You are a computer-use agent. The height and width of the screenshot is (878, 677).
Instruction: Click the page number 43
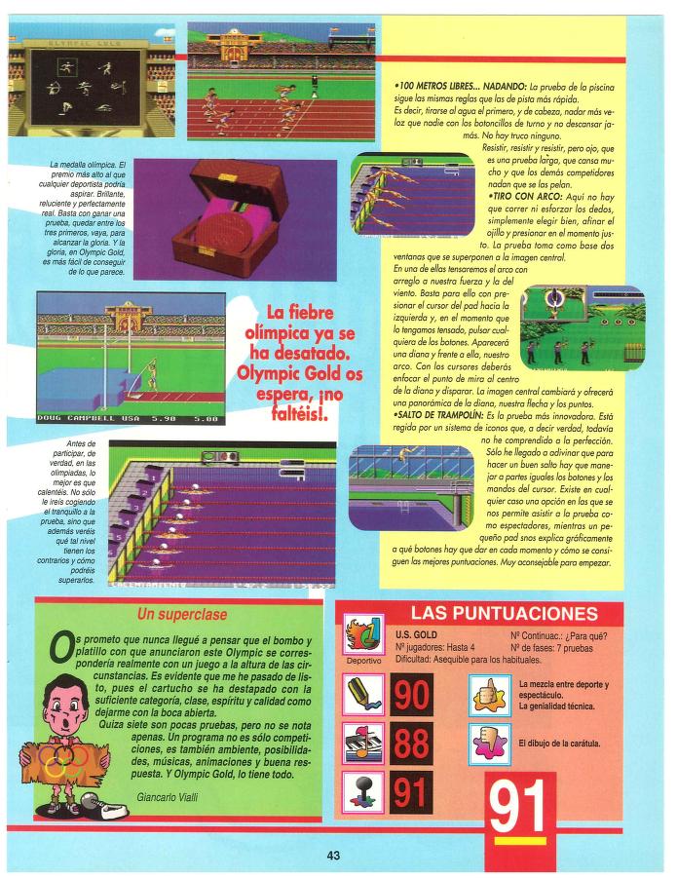click(x=333, y=856)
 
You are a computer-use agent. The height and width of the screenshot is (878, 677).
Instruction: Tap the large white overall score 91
click(x=517, y=806)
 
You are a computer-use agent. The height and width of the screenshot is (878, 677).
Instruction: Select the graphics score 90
click(x=412, y=695)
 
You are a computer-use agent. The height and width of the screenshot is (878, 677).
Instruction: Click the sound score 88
click(x=412, y=744)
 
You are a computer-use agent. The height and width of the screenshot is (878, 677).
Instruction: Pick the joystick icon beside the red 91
click(x=363, y=792)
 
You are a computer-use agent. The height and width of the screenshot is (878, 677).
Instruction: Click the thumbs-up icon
click(x=489, y=695)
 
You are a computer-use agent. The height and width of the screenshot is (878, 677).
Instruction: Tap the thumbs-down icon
click(x=489, y=744)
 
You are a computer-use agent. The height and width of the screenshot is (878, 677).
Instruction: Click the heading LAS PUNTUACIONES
click(x=505, y=613)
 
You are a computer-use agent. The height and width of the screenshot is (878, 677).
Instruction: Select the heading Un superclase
click(x=182, y=614)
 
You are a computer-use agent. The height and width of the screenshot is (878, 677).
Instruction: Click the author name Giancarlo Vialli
click(x=168, y=797)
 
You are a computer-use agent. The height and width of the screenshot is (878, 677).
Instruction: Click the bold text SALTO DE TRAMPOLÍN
click(x=438, y=416)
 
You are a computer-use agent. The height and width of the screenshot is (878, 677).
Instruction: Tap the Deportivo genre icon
click(x=363, y=634)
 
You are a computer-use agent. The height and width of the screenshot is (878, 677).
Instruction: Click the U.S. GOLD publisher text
click(x=416, y=635)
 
